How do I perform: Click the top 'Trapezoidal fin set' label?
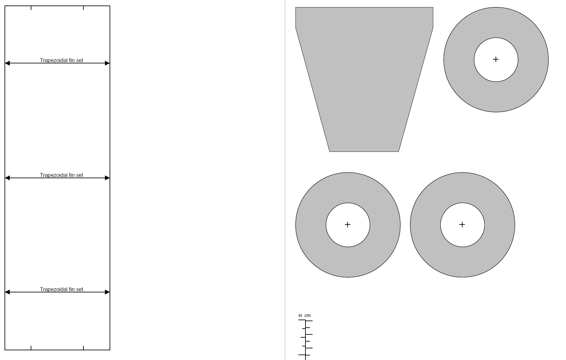click(x=61, y=60)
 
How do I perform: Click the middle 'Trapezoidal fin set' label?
click(x=61, y=175)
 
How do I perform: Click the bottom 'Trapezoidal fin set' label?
click(x=61, y=289)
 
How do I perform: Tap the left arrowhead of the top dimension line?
click(x=7, y=63)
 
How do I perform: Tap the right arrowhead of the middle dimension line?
click(x=107, y=178)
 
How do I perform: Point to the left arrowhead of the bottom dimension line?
click(x=7, y=292)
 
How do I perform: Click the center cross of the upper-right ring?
click(x=496, y=59)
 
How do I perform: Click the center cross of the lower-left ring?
click(x=347, y=224)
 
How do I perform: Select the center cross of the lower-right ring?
click(x=462, y=224)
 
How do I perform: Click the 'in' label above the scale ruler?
click(x=300, y=315)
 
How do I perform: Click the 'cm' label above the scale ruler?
click(x=307, y=315)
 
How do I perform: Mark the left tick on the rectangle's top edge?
click(x=31, y=8)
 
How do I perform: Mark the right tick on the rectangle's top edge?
click(x=83, y=8)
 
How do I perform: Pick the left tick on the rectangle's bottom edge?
click(x=31, y=348)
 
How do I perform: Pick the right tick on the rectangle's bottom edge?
click(x=83, y=348)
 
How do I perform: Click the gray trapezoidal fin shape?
click(x=364, y=78)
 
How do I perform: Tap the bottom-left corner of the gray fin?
click(x=329, y=151)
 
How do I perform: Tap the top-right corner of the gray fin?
click(x=433, y=7)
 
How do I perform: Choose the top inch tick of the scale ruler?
click(x=302, y=320)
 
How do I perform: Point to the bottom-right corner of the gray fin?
click(x=399, y=151)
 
